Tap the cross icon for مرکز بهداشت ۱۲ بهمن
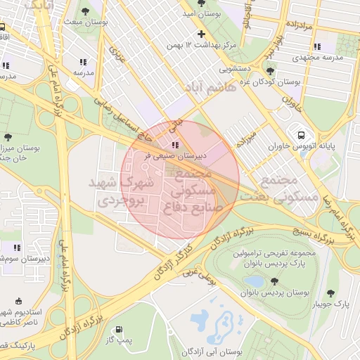[x=202, y=34]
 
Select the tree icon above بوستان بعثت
[x=85, y=11]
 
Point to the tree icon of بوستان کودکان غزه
[x=271, y=71]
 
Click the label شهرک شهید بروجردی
[x=117, y=191]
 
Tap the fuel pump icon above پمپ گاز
[x=118, y=329]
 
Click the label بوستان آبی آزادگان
[x=211, y=350]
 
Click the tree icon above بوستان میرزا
[x=8, y=137]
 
